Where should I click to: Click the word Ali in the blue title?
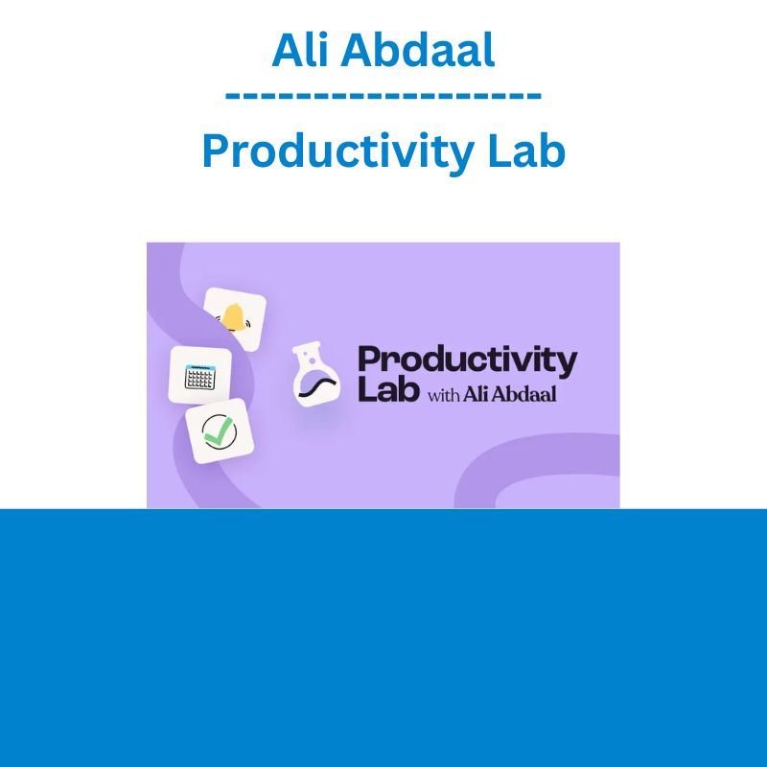(300, 50)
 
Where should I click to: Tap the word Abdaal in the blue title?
(418, 50)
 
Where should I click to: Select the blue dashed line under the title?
(383, 95)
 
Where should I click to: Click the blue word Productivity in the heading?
(337, 152)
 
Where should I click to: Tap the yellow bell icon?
(233, 317)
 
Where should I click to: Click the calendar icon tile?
(200, 375)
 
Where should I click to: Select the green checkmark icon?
(219, 430)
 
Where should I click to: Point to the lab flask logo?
(315, 373)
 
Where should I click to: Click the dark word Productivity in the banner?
(468, 362)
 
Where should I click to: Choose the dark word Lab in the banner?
(388, 390)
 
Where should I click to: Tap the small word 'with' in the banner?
(444, 394)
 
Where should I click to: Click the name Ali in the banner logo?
(476, 393)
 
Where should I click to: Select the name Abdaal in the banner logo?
(524, 393)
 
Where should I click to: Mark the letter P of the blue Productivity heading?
(216, 151)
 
